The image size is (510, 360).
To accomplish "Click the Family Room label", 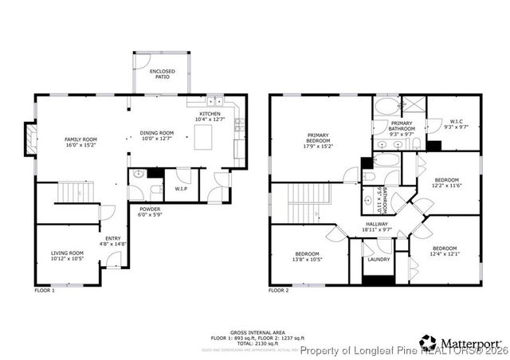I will (80, 139).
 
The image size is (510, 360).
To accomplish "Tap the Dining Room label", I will (156, 133).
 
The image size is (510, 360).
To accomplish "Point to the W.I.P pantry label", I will (181, 189).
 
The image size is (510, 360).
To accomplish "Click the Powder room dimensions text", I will (149, 216).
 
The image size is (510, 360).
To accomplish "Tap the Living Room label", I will (67, 252).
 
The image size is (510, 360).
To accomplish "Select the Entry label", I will (113, 237).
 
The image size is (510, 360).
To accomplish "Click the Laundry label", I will (379, 259).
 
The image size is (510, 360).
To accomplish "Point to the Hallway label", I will (376, 225).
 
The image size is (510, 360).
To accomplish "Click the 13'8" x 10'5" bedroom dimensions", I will (307, 260).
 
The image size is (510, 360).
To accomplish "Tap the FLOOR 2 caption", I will (279, 291).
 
